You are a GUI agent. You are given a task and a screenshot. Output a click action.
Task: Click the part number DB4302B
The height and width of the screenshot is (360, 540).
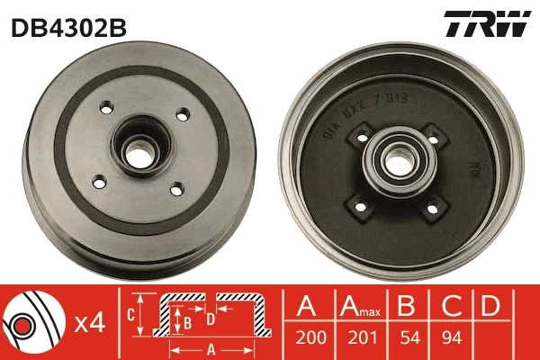pyautogui.click(x=68, y=28)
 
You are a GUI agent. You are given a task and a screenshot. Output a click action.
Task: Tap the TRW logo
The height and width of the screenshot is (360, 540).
pyautogui.click(x=486, y=24)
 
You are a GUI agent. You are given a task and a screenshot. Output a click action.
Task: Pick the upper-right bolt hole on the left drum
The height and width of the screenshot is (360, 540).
pyautogui.click(x=184, y=114)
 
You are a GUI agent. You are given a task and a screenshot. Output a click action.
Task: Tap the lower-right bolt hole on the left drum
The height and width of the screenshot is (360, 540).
pyautogui.click(x=175, y=188)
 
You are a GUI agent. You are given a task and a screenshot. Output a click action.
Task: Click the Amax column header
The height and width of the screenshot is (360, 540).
pyautogui.click(x=359, y=309)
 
